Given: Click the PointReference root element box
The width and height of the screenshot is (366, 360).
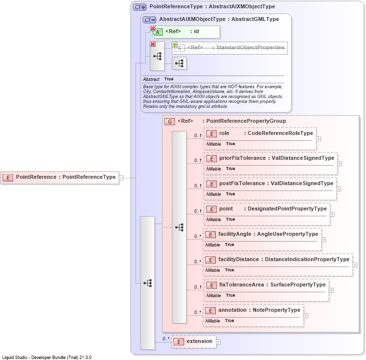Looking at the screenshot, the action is pos(60,178).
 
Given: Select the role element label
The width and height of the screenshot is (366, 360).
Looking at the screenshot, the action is pos(224,133).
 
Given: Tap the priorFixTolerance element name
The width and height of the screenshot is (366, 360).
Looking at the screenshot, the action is pos(243,158).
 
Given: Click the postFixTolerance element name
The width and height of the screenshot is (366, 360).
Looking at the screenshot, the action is pos(242,183).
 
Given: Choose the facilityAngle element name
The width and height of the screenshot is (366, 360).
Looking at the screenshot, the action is pos(234,234).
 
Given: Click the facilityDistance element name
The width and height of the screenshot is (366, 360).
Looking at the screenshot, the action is pos(238,260).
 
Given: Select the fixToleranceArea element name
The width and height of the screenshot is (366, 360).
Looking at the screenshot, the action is pos(242,284).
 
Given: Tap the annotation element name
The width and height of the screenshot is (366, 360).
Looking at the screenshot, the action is pos(232,310).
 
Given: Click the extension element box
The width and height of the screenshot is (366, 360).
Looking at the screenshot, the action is pos(193,342).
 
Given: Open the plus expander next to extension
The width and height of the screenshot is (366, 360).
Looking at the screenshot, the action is pos(218,342).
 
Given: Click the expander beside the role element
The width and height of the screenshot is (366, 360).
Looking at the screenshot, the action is pos(318,139).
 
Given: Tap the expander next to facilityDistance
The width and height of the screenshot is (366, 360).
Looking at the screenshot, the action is pos(355,265).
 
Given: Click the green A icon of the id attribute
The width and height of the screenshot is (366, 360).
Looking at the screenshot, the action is pos(158,32).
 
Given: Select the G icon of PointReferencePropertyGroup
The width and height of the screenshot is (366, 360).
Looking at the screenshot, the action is pos(170,122).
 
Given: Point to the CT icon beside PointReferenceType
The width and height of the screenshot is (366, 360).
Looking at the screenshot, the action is pos(140,7).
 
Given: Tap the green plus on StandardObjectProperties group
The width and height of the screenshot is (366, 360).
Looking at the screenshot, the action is pos(174,44).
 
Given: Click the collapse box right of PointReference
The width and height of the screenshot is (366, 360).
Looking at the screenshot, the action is pos(121,178).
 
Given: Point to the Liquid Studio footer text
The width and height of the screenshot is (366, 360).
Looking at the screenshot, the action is pos(47,358).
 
